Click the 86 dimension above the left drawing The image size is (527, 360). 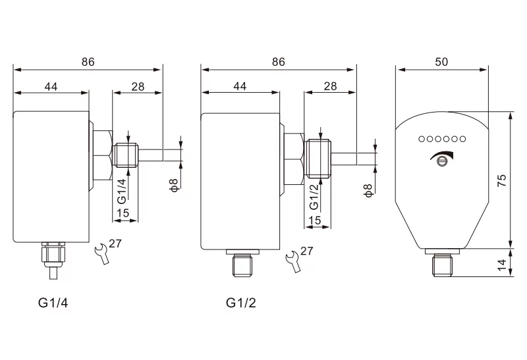pyautogui.click(x=88, y=61)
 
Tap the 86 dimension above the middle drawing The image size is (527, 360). pyautogui.click(x=278, y=61)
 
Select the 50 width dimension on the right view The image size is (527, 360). pyautogui.click(x=441, y=61)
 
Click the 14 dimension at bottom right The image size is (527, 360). pyautogui.click(x=502, y=265)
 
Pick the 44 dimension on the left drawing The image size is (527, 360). pyautogui.click(x=51, y=86)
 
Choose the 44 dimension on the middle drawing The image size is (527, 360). pyautogui.click(x=240, y=86)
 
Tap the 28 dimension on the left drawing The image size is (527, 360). pyautogui.click(x=138, y=86)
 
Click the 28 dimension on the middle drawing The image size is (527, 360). pyautogui.click(x=330, y=86)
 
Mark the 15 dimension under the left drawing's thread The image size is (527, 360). pyautogui.click(x=122, y=213)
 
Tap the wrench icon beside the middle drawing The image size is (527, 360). pyautogui.click(x=292, y=261)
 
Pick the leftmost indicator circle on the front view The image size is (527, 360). pyautogui.click(x=421, y=139)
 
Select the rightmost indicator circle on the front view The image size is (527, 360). pyautogui.click(x=462, y=139)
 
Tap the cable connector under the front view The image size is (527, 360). pyautogui.click(x=441, y=265)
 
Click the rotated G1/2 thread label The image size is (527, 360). pyautogui.click(x=314, y=195)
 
